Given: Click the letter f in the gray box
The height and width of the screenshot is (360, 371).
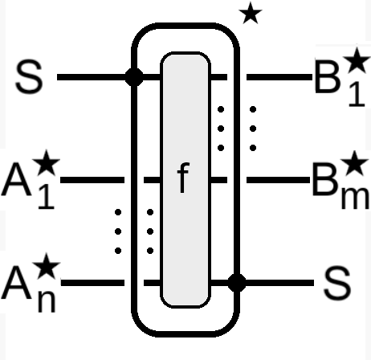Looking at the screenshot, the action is [183, 178].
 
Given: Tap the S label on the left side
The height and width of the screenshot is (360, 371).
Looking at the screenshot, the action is [29, 77].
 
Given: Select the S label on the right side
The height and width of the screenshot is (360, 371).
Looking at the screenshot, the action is [337, 283].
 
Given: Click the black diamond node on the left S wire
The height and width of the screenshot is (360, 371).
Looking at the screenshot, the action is [134, 77].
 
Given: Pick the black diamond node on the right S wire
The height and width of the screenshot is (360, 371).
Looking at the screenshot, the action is [237, 283].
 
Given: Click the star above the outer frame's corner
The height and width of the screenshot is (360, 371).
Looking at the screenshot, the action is [251, 14].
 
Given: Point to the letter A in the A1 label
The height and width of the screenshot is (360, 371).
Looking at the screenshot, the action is [17, 180].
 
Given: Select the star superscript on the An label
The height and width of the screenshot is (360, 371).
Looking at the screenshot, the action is [47, 266].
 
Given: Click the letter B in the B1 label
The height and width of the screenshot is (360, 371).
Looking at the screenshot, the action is [328, 77].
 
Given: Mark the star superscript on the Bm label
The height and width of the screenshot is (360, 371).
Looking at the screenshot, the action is [354, 163].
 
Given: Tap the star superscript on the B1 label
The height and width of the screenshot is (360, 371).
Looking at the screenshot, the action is [357, 60].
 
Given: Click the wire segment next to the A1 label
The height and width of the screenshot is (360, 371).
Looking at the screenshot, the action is [92, 180].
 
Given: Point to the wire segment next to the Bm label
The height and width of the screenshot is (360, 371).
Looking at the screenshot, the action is [278, 180].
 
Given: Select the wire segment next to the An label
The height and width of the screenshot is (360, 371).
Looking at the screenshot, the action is [92, 283].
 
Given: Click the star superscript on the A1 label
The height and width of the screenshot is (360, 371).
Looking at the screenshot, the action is [46, 162].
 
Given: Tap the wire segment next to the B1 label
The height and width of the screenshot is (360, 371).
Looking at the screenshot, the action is [279, 77].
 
